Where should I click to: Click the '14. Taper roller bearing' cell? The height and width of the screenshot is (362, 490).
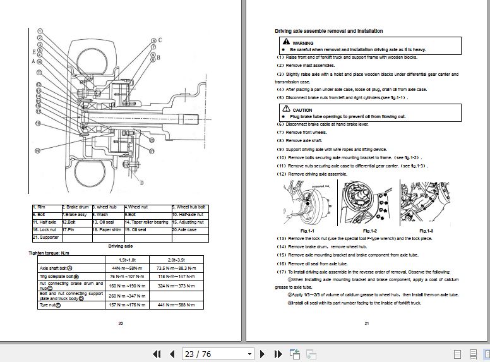pos(147,222)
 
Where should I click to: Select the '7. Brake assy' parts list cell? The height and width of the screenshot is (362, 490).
pos(76,215)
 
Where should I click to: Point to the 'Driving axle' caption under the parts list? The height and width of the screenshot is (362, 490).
pos(120,245)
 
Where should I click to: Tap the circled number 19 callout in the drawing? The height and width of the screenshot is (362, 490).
pos(37,150)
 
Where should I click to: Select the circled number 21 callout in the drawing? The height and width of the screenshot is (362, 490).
pos(152,137)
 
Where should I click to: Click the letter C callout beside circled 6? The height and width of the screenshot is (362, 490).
pos(160,40)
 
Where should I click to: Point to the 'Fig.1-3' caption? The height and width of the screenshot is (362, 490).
pos(426,231)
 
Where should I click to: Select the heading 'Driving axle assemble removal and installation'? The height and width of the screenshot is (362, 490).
pos(328,31)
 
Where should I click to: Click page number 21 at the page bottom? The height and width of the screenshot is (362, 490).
pos(366,323)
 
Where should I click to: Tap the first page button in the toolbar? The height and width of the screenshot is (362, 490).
pos(152,354)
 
